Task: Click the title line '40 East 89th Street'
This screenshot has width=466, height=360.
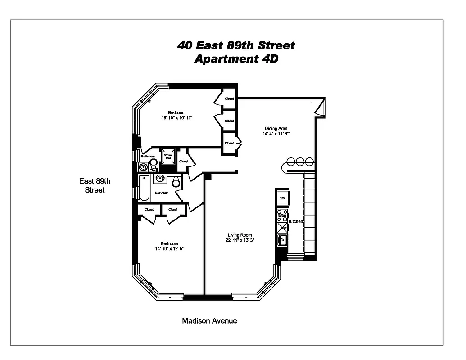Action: point(236,45)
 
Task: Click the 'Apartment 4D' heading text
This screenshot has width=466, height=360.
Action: point(236,59)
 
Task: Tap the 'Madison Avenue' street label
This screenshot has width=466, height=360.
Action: point(209,321)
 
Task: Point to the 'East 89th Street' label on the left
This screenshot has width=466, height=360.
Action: point(95,185)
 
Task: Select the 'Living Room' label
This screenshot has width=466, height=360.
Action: point(240,235)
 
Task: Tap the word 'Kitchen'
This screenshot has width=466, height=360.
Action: point(296,222)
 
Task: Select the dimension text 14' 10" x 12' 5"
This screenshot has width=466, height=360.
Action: point(169,249)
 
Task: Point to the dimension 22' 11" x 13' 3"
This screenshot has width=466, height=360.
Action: point(240,240)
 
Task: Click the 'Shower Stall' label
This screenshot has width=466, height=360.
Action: point(168,157)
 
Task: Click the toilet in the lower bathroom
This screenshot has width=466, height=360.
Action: point(176,182)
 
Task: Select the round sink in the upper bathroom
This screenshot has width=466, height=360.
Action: point(144,167)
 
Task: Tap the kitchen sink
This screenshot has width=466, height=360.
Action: point(282,241)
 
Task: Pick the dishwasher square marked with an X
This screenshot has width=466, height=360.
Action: point(282,228)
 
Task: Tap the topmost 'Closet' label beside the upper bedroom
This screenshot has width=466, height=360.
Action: point(229,99)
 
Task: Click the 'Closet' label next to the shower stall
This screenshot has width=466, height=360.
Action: point(184,161)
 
